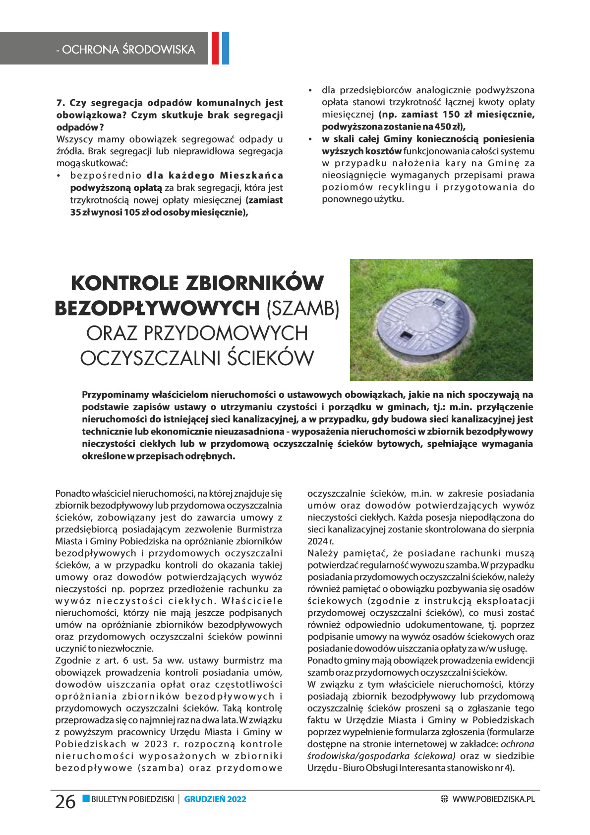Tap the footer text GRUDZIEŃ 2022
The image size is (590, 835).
point(215,799)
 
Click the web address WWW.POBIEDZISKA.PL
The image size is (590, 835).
point(494,799)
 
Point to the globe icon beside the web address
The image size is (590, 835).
point(444,799)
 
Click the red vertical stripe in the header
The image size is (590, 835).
point(216,48)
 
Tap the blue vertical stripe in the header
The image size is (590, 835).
point(226,48)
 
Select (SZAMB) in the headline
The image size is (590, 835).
point(302,309)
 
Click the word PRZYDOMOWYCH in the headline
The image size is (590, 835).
point(226,333)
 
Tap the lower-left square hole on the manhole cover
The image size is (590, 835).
point(405,335)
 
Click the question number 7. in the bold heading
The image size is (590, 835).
point(61,103)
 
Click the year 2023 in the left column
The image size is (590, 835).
point(157,744)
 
